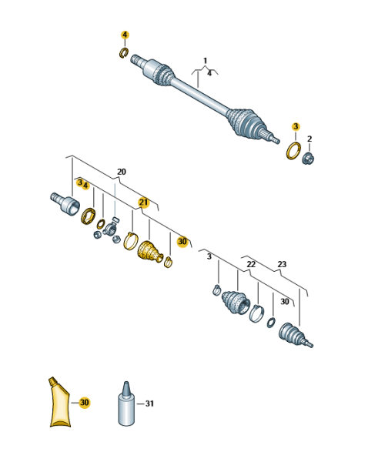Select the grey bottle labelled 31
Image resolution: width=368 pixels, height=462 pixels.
[126, 404]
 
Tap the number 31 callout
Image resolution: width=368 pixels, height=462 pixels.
[149, 403]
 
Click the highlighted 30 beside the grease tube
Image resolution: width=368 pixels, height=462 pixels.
[84, 402]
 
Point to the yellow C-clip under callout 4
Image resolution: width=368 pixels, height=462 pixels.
[124, 52]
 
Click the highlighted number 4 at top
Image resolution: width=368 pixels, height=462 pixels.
[125, 35]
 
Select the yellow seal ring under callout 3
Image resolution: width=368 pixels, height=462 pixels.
[293, 151]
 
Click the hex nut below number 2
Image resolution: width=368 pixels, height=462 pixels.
[308, 159]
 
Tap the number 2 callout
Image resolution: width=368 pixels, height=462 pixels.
[309, 139]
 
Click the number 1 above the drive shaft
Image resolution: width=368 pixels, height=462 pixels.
[206, 61]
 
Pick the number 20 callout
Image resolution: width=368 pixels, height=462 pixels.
[122, 172]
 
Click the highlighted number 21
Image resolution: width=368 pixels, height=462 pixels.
[143, 203]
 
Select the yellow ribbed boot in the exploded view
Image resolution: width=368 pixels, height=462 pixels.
[150, 252]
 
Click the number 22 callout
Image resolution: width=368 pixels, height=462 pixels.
[251, 264]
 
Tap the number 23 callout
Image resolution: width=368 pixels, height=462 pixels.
[282, 264]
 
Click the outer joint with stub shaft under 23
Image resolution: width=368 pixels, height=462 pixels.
[295, 335]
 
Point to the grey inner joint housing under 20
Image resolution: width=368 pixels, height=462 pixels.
[65, 203]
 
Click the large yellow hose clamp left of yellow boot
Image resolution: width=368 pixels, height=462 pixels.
[131, 241]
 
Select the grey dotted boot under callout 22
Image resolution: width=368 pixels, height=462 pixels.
[236, 303]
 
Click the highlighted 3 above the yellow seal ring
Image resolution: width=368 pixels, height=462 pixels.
[296, 127]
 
